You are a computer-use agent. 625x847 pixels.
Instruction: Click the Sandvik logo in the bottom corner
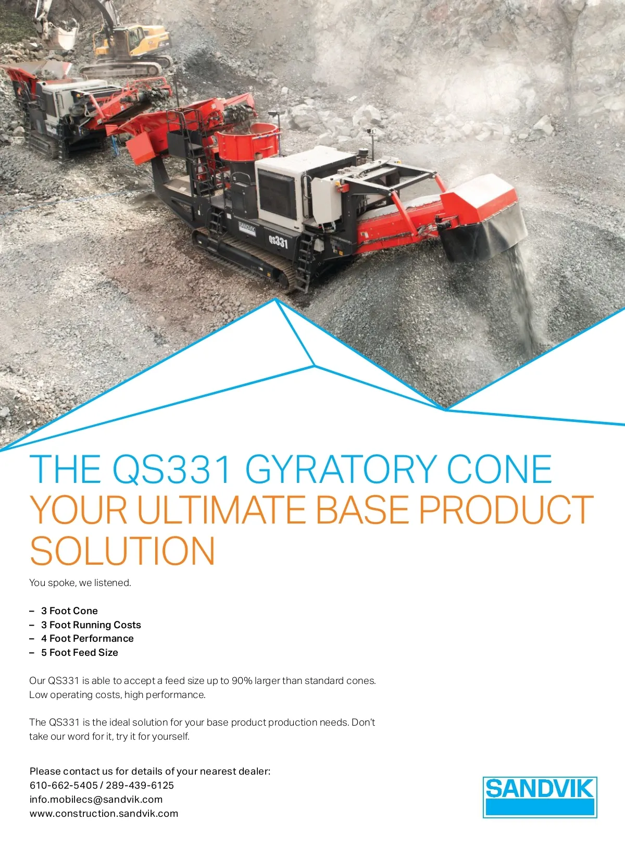coord(540,797)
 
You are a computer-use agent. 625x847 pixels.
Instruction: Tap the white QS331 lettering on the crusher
coord(278,241)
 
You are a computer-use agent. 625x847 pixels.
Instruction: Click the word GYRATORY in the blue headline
coord(341,469)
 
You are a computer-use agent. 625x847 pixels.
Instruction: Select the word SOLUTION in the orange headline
coord(122,551)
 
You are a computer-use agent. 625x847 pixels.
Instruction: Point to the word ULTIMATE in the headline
coord(221,510)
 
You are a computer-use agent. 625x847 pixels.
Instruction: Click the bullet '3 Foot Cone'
coord(69,611)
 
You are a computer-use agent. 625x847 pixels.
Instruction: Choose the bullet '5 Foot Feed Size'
coord(79,652)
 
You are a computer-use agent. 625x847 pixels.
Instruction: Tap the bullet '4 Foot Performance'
coord(87,639)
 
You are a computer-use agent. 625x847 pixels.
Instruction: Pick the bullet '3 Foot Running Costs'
coord(91,625)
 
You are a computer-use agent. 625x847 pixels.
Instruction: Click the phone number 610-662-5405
coord(64,785)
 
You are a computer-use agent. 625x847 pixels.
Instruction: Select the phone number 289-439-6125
coord(140,785)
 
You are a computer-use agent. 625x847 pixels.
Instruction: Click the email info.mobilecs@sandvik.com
coord(96,799)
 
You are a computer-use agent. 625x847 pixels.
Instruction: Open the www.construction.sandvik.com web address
coord(104,813)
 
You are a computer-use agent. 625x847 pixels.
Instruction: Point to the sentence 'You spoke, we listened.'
coord(80,583)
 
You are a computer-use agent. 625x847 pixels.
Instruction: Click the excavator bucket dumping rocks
coord(61,38)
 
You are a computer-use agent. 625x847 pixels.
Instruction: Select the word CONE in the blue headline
coord(499,469)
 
